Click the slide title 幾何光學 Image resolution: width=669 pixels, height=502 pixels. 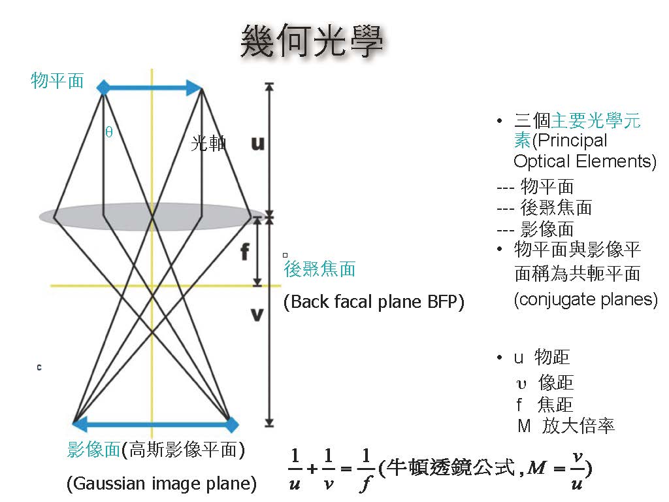312,41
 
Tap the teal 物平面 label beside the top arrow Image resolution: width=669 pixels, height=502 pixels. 57,80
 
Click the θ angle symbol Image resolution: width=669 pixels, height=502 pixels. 109,132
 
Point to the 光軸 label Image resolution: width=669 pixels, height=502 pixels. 208,143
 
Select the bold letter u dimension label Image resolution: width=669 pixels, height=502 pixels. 257,143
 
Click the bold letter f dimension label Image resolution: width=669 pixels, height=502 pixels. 245,252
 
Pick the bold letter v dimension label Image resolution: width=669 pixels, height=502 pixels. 257,314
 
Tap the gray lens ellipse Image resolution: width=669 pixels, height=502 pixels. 152,216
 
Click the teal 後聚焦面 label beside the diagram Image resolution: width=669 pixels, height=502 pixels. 320,269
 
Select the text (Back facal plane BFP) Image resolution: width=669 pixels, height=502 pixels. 374,302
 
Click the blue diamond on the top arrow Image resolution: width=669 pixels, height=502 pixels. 103,88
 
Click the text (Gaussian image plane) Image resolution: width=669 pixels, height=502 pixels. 162,484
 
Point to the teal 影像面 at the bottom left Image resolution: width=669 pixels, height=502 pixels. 93,450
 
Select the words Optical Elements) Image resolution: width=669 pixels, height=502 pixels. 585,161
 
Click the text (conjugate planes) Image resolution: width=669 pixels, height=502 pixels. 586,299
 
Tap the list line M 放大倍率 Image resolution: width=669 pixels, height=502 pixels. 566,426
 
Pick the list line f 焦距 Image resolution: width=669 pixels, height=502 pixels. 545,404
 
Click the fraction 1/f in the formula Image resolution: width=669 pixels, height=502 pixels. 366,469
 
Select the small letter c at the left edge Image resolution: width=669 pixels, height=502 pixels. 39,367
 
